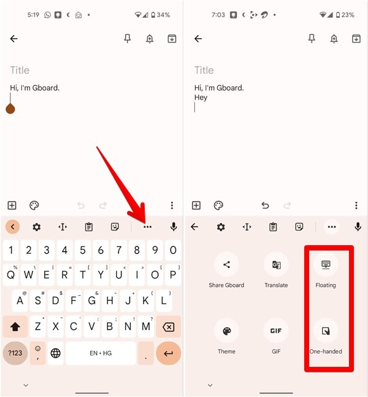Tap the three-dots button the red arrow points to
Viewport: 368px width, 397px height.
[x=147, y=227]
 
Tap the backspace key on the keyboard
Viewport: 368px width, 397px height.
[x=168, y=327]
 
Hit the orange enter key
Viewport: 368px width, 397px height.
[x=168, y=353]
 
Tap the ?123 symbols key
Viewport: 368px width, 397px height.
[x=15, y=353]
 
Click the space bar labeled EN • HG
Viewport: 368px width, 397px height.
[x=101, y=353]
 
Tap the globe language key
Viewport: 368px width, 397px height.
[x=56, y=353]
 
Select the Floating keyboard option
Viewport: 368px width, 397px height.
[x=326, y=265]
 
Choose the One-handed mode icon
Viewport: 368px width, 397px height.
[x=326, y=331]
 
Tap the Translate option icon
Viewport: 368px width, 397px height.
[x=276, y=265]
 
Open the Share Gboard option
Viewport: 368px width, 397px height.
[x=226, y=265]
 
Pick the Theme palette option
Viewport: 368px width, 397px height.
[x=226, y=331]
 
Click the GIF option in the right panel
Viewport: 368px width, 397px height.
[x=276, y=331]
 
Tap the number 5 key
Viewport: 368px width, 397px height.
[x=83, y=250]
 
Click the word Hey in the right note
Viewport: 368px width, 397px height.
[x=201, y=97]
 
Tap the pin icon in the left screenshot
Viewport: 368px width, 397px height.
[x=128, y=39]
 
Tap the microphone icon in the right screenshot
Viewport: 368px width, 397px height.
[x=358, y=227]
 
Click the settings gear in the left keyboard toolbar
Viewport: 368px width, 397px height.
[x=36, y=227]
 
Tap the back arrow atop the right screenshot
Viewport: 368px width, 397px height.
[x=198, y=39]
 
